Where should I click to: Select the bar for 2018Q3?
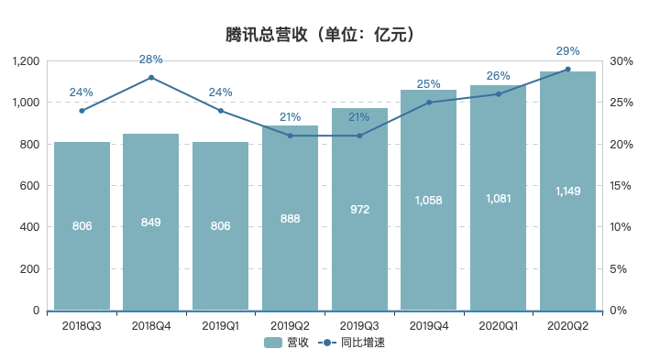click(82, 226)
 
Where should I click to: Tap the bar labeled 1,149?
click(567, 191)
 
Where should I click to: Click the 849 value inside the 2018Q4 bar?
click(151, 221)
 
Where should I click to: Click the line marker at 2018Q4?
click(151, 78)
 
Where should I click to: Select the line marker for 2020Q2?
click(567, 70)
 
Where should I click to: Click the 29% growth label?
click(567, 51)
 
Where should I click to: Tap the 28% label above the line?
click(151, 60)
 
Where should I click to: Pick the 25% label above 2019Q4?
click(429, 84)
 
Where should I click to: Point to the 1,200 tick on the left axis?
click(25, 61)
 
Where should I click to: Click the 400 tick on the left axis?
click(29, 227)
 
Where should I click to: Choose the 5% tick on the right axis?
click(619, 269)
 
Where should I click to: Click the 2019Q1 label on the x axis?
click(220, 324)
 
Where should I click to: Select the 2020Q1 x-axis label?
click(498, 324)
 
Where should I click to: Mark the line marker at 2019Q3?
click(359, 136)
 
